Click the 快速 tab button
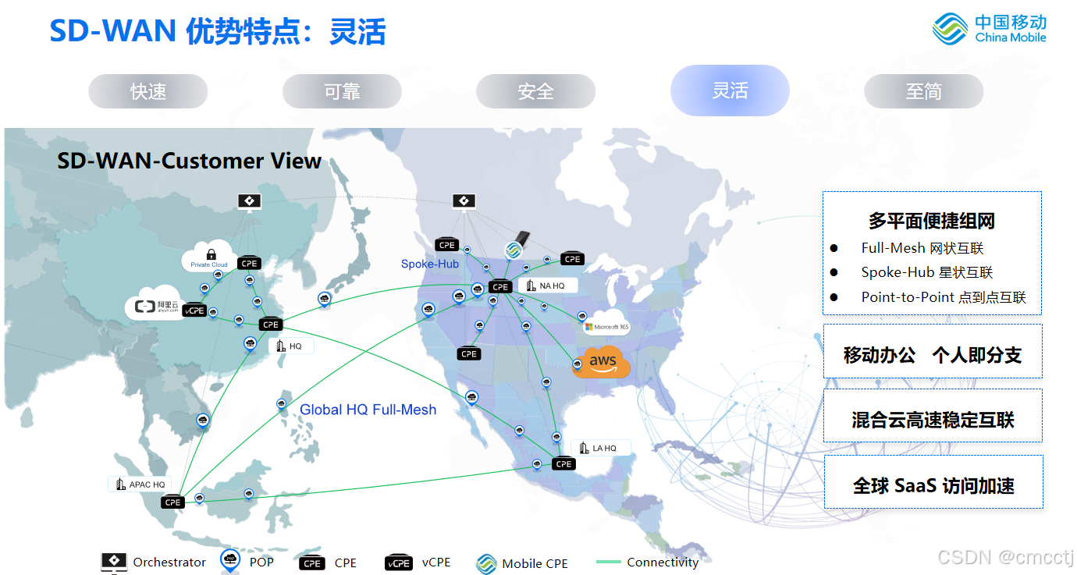click(148, 91)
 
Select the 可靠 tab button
click(342, 91)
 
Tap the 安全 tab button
click(535, 91)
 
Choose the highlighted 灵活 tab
click(730, 91)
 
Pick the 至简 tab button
click(923, 91)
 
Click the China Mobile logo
click(989, 28)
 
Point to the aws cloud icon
click(602, 362)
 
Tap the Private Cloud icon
click(209, 257)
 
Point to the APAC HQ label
click(140, 484)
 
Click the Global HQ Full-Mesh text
click(368, 410)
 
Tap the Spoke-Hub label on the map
click(429, 264)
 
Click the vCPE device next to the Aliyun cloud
click(194, 311)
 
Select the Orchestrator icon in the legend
click(114, 562)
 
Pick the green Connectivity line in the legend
click(609, 562)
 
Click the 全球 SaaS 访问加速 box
click(933, 485)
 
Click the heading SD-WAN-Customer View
click(189, 161)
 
